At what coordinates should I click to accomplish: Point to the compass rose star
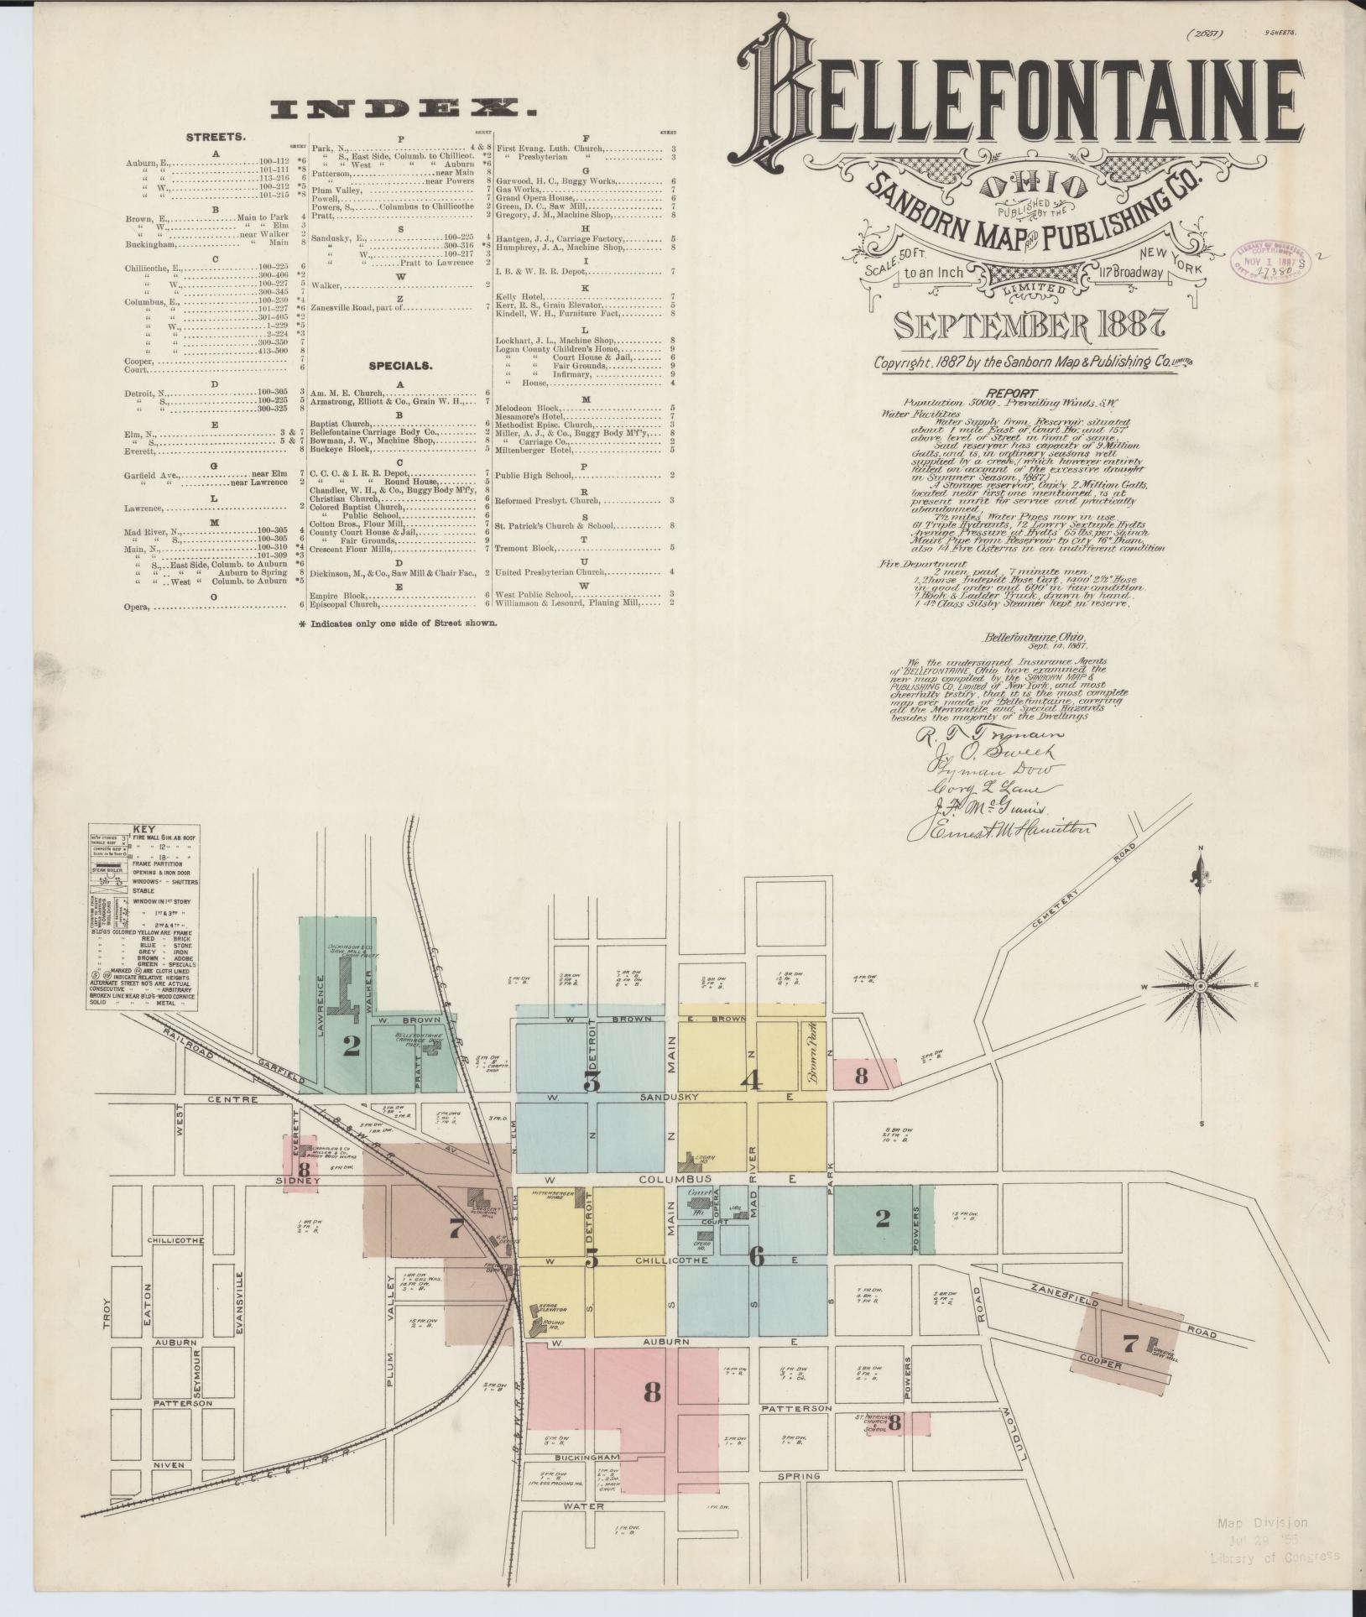tap(1199, 984)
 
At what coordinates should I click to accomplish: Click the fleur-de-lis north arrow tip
tap(1200, 874)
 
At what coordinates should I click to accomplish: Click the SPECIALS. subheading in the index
tap(400, 366)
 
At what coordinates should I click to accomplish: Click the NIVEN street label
tap(168, 1464)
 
